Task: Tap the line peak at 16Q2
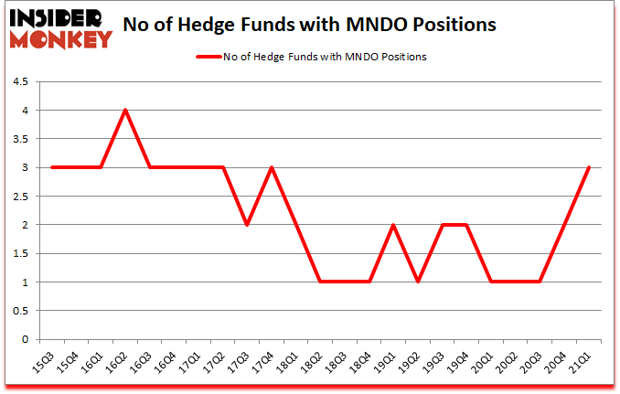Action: [x=125, y=110]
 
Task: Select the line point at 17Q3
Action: [x=247, y=224]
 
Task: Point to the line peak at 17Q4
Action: [x=272, y=167]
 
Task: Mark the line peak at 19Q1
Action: [x=393, y=224]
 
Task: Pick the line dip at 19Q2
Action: [x=417, y=282]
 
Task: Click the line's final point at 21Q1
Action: [x=588, y=167]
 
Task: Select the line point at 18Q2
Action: [x=320, y=282]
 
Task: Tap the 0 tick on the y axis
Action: [x=25, y=339]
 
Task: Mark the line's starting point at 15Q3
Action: [x=52, y=167]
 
